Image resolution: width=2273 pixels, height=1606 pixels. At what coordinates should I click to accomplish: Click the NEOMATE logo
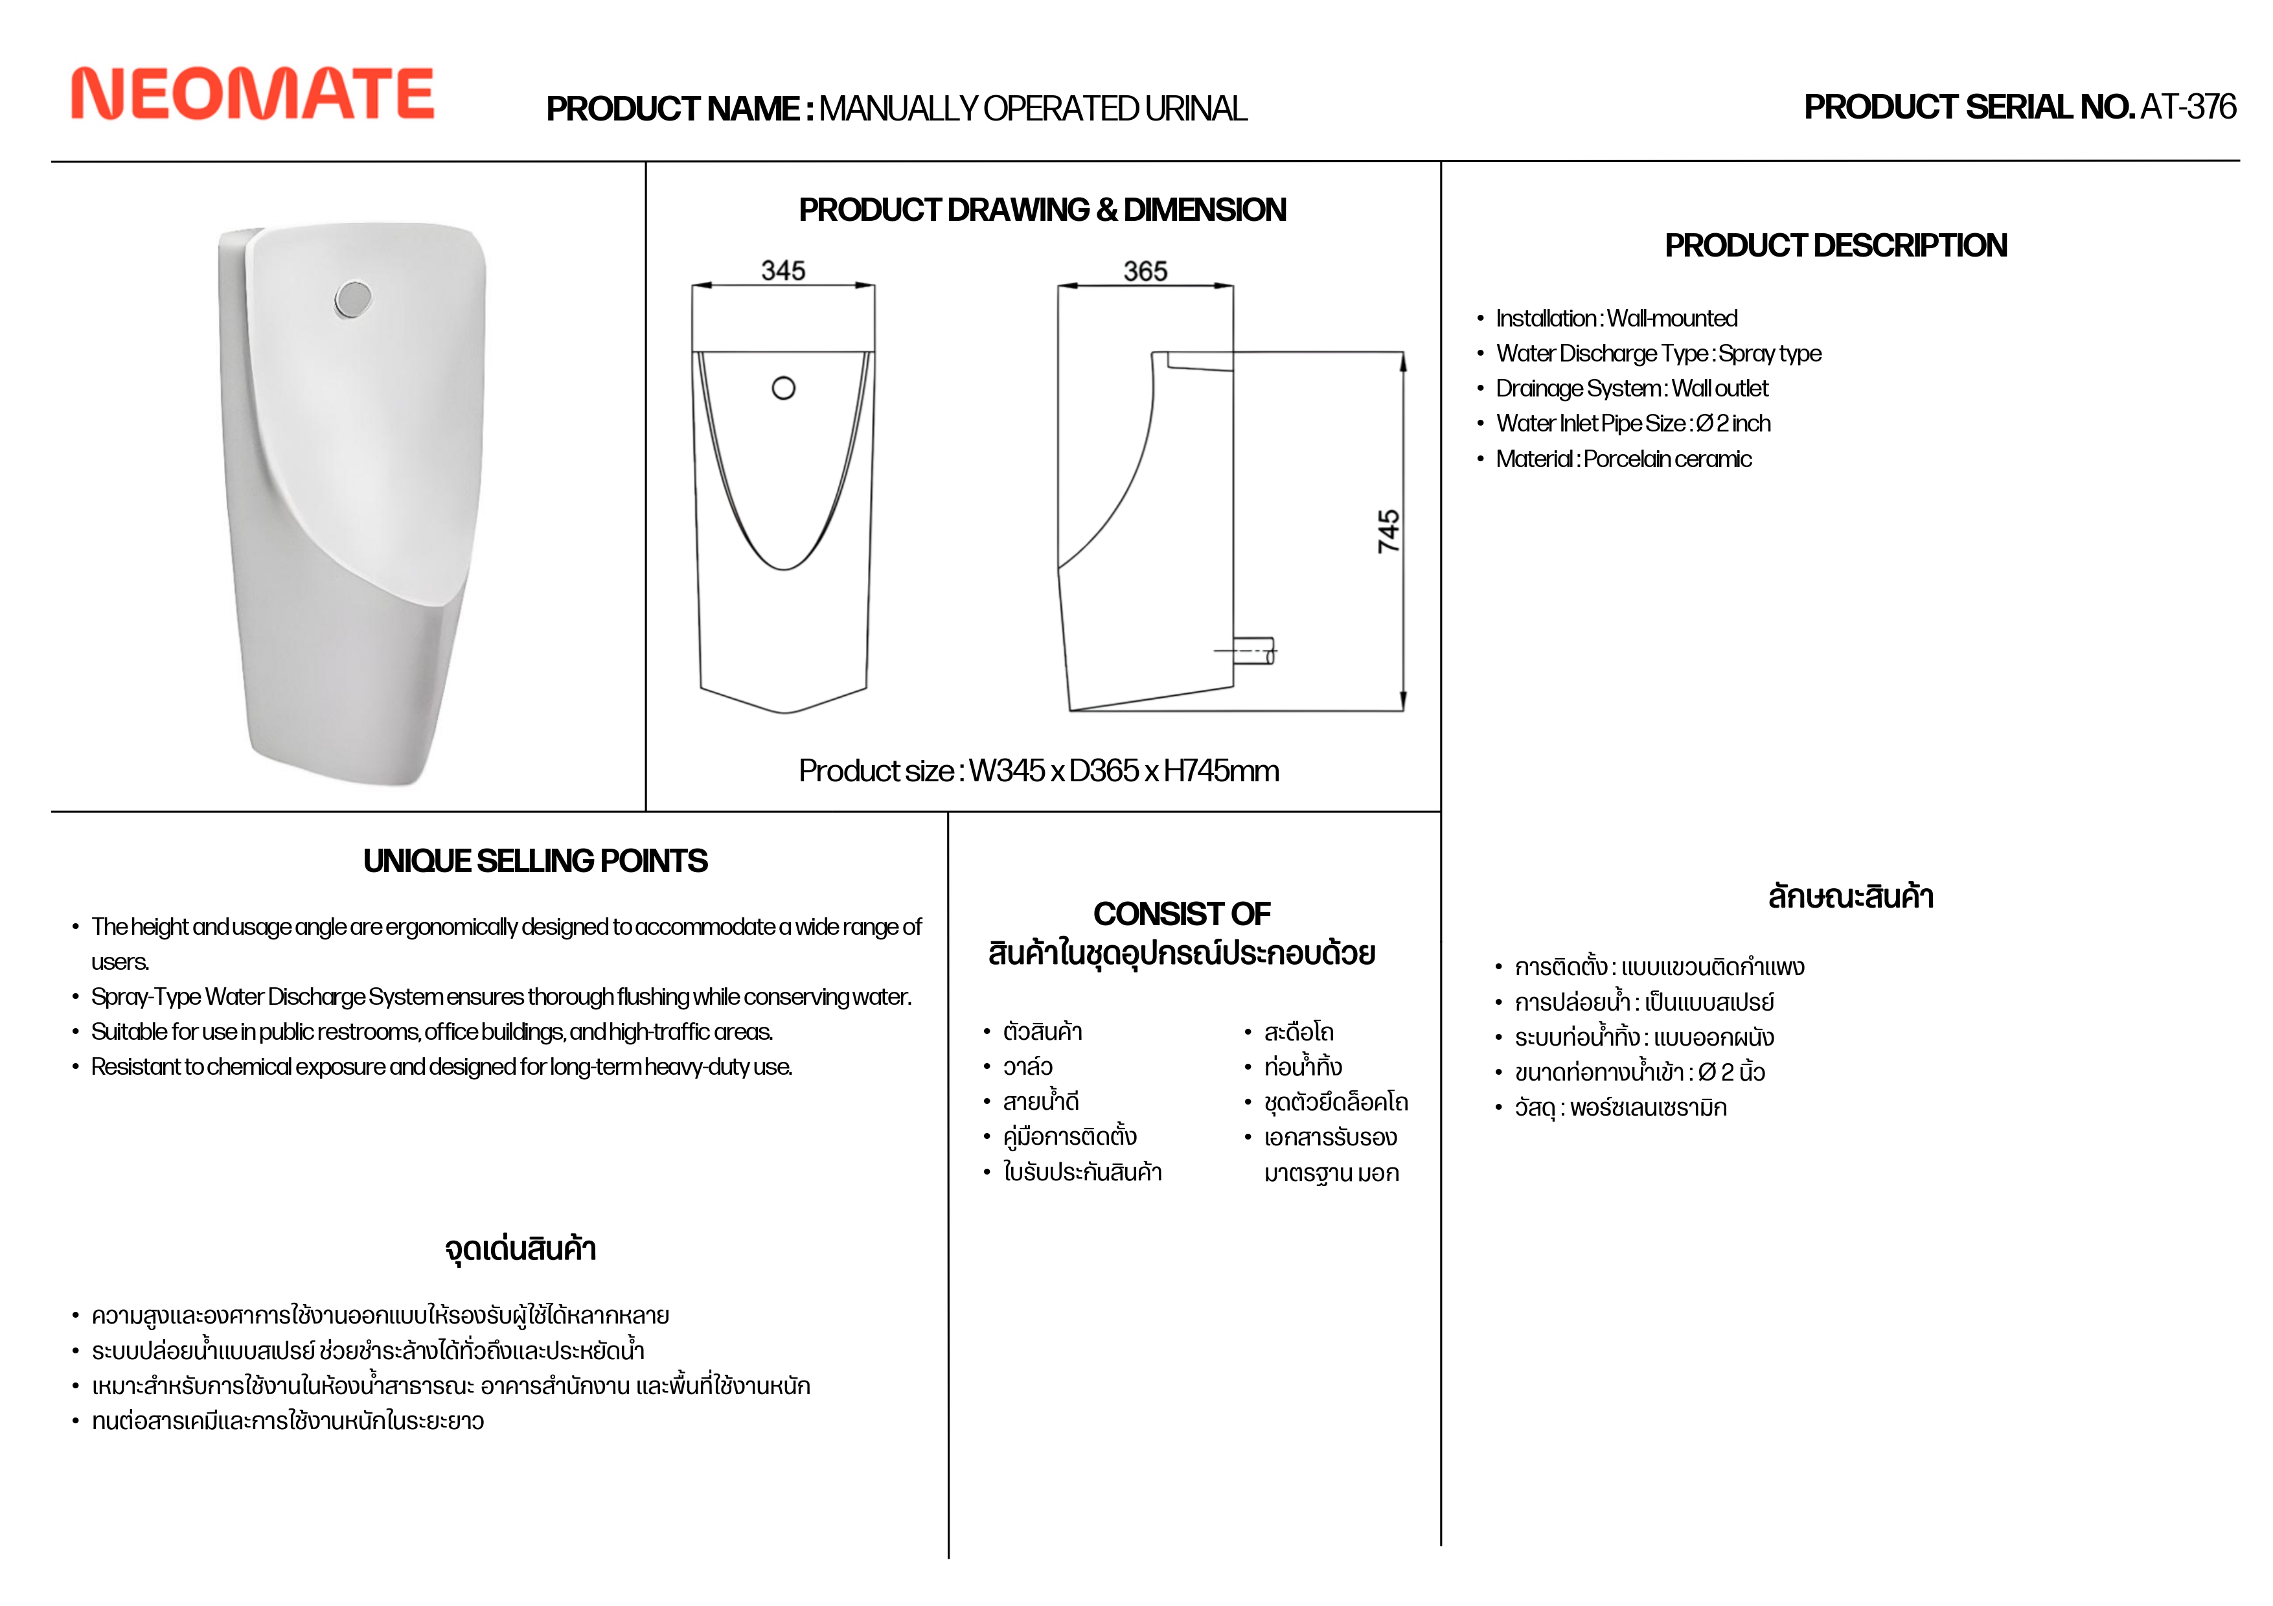click(x=253, y=94)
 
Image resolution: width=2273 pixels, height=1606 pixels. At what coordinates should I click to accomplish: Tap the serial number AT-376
click(x=2188, y=107)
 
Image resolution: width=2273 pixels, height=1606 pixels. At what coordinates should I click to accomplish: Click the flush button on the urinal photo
click(x=352, y=298)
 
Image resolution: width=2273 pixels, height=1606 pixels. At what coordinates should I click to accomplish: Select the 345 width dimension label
click(x=783, y=270)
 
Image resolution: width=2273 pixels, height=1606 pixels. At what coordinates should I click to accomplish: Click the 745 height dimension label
click(x=1389, y=532)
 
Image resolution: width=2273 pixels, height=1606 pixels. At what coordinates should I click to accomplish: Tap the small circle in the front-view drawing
click(x=783, y=388)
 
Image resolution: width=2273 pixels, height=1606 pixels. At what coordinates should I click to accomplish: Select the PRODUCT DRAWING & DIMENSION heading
click(x=1042, y=210)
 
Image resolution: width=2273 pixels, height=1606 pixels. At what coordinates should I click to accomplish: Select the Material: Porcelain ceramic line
click(x=1623, y=459)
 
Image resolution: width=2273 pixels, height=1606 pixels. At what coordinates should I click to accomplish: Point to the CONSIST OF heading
click(x=1182, y=913)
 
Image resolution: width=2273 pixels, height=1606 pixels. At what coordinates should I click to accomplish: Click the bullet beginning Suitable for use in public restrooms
click(x=431, y=1032)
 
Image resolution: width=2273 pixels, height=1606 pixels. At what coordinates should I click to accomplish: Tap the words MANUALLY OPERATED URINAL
click(x=1033, y=109)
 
